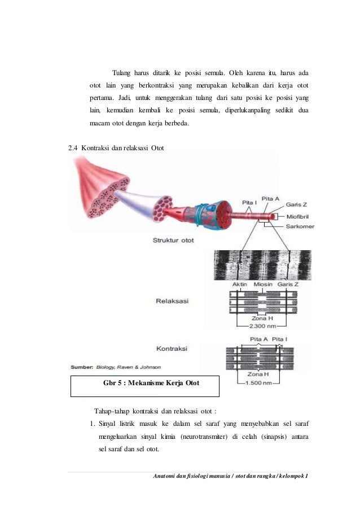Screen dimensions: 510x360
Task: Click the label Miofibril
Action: [298, 215]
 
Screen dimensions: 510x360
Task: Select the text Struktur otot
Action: [173, 240]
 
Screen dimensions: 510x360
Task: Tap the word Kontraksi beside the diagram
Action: [172, 348]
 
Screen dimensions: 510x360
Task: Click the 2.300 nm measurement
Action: [261, 326]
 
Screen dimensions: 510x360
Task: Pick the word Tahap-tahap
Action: [111, 410]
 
